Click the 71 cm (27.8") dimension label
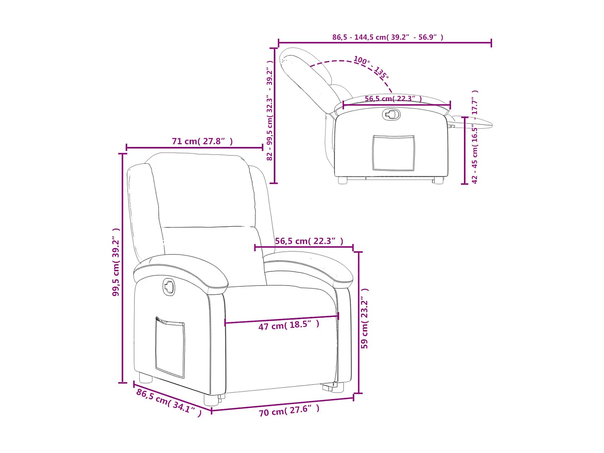tap(202, 141)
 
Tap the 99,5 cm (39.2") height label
tap(116, 262)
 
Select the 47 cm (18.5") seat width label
tap(289, 325)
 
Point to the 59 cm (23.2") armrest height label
tap(364, 319)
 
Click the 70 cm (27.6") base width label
tap(289, 411)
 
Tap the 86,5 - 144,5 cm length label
tap(387, 37)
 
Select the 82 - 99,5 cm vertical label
tap(270, 111)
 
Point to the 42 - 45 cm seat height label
tap(475, 137)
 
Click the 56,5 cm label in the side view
tap(393, 99)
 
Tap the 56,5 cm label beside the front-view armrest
tap(309, 241)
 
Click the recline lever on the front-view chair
tap(169, 287)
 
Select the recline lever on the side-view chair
tap(391, 115)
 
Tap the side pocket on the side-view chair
tap(393, 153)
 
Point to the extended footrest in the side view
tap(473, 122)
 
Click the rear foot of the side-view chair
tap(343, 180)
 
